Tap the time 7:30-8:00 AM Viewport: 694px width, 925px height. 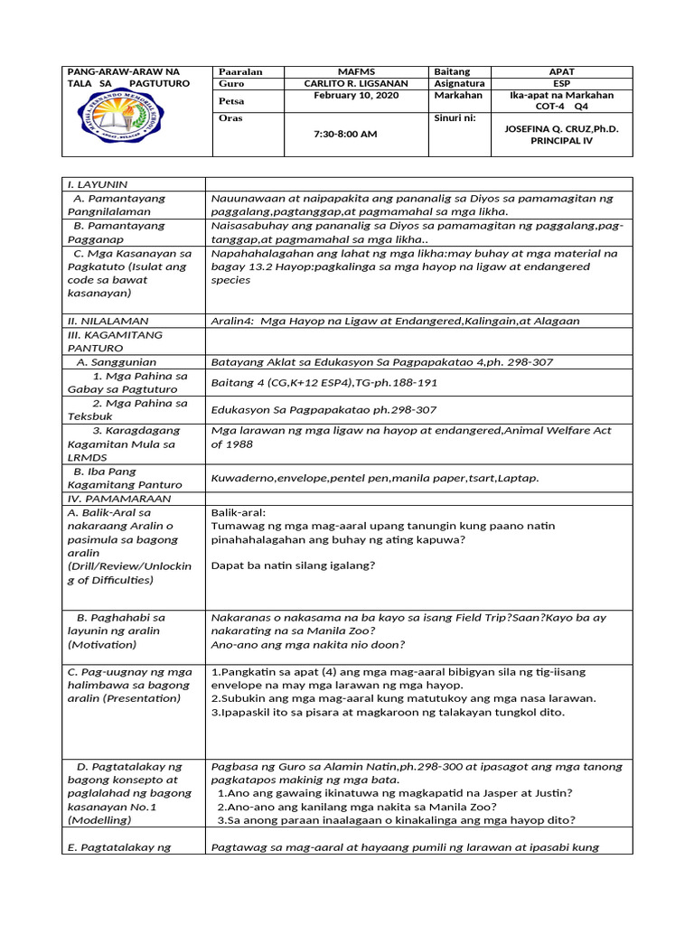point(344,134)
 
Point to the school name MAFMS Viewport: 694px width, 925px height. point(355,71)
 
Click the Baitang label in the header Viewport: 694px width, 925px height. point(452,71)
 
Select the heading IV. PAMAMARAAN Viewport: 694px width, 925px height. point(113,499)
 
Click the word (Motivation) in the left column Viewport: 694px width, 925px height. point(101,645)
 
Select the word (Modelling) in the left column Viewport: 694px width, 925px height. point(99,820)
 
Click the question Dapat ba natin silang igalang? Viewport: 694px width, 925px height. point(293,565)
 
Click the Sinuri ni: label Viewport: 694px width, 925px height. point(455,117)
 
